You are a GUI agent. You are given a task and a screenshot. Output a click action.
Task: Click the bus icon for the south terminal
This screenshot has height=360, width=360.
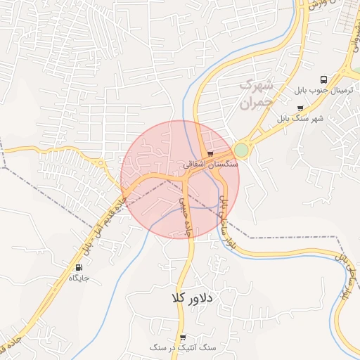323,79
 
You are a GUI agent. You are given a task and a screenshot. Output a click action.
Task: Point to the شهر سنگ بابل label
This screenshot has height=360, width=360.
301,118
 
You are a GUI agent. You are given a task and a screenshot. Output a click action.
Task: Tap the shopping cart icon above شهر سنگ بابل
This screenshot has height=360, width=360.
301,108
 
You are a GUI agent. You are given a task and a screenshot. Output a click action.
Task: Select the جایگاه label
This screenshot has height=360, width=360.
79,278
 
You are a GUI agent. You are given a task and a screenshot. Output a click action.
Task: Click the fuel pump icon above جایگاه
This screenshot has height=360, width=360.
78,268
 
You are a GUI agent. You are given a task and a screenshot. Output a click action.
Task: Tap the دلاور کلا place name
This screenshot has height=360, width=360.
191,297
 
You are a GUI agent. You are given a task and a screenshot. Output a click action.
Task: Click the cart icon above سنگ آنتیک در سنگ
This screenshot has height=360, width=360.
184,337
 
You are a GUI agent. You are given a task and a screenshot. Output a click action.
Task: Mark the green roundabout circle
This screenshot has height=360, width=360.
241,150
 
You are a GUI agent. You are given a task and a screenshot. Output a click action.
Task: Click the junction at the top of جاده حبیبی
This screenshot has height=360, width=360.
184,176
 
